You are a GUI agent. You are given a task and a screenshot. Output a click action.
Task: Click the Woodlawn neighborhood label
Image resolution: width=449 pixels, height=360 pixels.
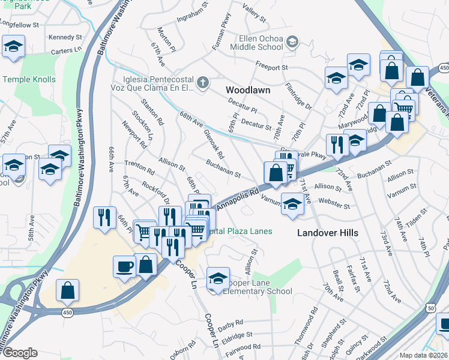(248, 90)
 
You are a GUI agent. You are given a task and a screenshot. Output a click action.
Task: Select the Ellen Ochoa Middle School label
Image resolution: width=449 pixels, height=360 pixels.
(253, 41)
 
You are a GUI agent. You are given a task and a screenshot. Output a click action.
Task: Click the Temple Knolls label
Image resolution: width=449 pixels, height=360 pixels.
(29, 79)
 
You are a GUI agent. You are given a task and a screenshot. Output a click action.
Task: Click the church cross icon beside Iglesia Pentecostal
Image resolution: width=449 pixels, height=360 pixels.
(203, 82)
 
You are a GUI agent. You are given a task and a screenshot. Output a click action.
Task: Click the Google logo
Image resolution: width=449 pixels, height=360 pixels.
(20, 353)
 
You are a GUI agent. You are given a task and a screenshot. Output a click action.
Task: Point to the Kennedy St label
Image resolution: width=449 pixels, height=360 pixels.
(61, 37)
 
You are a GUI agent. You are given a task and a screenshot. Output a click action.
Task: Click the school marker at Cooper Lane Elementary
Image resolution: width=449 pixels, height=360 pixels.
(218, 278)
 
